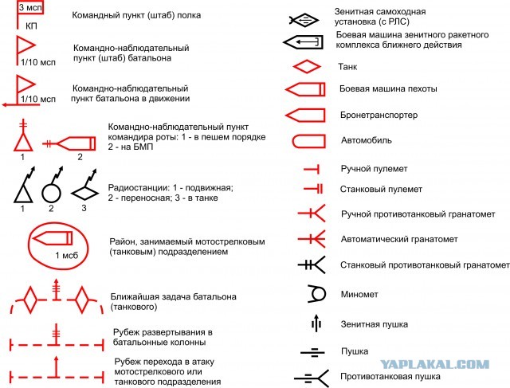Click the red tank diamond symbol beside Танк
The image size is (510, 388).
[306, 67]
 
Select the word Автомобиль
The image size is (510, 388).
[366, 140]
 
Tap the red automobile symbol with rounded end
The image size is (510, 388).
[308, 142]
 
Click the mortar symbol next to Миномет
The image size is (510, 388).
[316, 294]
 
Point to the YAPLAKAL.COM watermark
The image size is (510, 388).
[434, 364]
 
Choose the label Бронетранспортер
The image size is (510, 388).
[379, 115]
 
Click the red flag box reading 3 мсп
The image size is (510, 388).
[30, 7]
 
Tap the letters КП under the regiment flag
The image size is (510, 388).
[31, 26]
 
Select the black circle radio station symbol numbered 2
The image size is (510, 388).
[51, 193]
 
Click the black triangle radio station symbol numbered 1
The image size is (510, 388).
[23, 194]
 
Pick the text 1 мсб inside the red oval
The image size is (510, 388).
[67, 255]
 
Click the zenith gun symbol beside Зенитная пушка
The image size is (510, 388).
[316, 323]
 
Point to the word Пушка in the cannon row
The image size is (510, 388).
[355, 351]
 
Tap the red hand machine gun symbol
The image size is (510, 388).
[312, 169]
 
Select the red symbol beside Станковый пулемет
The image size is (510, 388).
[313, 189]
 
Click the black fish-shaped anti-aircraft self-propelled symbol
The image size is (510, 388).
[304, 21]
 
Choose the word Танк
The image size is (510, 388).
[347, 67]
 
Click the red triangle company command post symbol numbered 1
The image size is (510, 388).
[23, 143]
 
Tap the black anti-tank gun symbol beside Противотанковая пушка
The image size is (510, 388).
[312, 378]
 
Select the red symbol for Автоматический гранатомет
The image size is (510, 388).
[312, 239]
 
